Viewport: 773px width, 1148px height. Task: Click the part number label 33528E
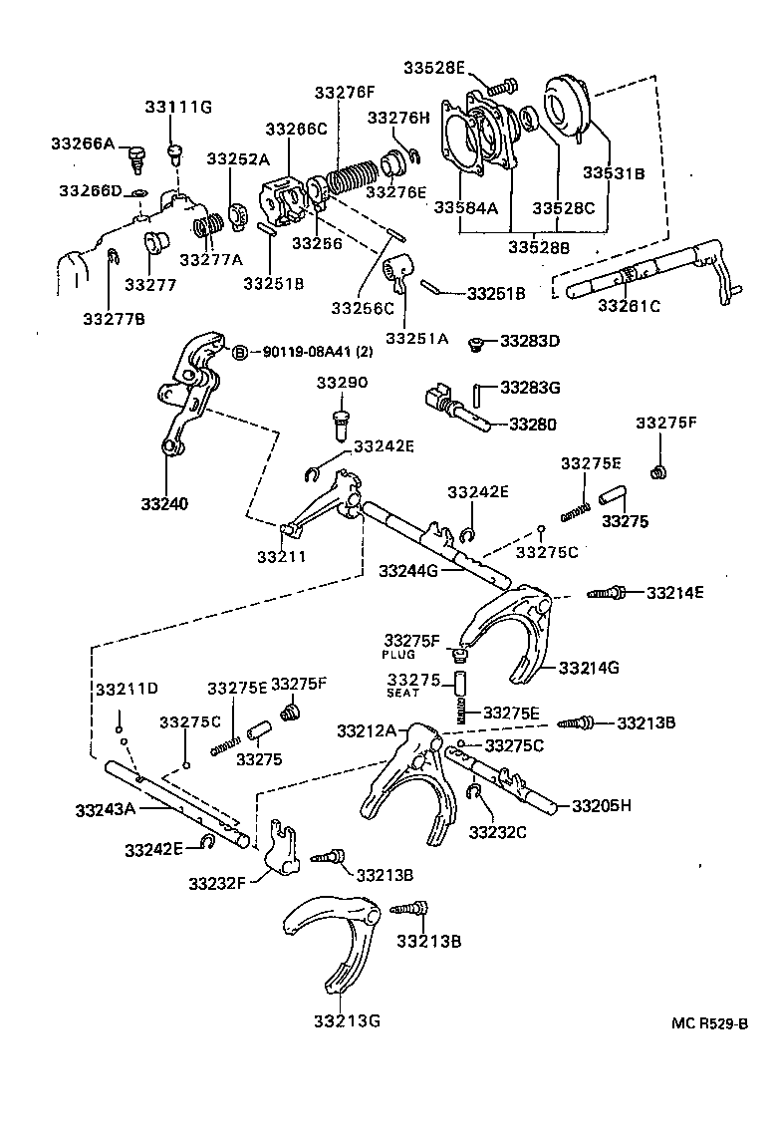(x=434, y=67)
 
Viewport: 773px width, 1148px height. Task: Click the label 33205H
(x=602, y=804)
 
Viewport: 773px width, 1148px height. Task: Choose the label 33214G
(x=589, y=667)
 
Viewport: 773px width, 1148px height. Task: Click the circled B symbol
(x=239, y=352)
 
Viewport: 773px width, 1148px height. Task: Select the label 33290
(x=343, y=383)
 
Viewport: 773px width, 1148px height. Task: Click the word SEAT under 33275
(x=403, y=694)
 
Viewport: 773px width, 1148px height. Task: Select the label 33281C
(x=629, y=305)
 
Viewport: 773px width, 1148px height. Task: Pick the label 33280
(x=533, y=424)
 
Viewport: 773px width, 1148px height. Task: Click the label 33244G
(x=409, y=571)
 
